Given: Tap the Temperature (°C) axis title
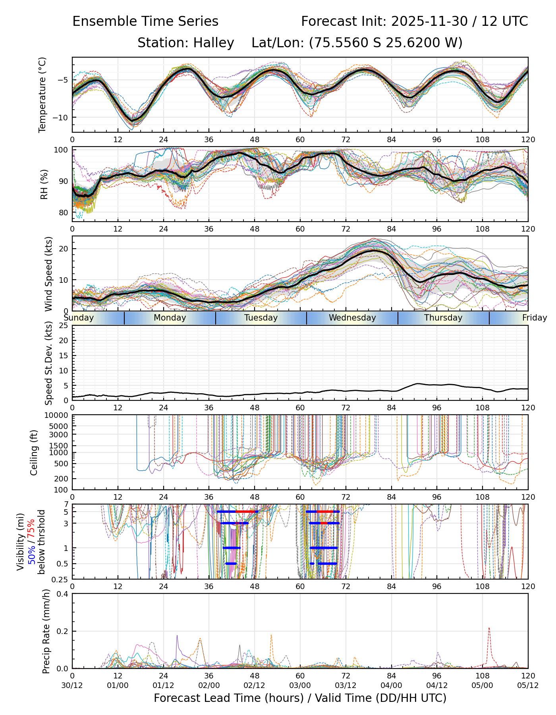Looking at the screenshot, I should (42, 95).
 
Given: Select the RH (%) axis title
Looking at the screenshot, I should (44, 184).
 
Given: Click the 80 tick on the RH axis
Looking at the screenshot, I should (64, 213).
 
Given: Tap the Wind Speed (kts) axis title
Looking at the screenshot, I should (48, 274).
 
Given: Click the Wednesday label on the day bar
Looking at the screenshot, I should (352, 318).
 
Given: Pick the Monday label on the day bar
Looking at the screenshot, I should (170, 318).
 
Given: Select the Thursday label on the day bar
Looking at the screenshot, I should (443, 318).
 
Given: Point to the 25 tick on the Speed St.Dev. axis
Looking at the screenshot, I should (64, 326).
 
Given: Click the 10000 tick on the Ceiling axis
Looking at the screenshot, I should (57, 415).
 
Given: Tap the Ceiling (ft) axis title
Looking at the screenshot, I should (34, 452).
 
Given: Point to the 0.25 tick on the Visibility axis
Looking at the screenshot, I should (60, 579).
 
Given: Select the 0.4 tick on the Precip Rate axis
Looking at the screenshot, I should (63, 594).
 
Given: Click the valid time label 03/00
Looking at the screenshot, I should (300, 685).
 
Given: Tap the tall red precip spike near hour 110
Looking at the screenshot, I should (489, 629).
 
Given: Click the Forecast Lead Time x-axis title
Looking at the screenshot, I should (300, 698).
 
